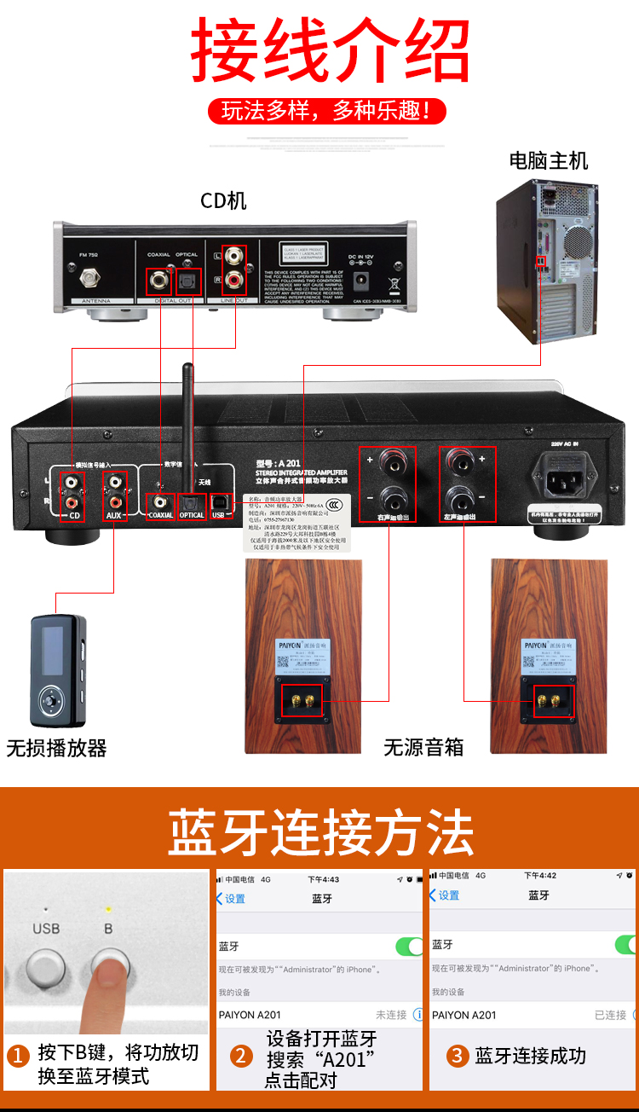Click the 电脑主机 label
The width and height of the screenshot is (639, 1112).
(x=548, y=160)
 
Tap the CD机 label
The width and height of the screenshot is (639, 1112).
(x=223, y=200)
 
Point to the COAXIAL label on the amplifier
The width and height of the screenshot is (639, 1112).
(x=160, y=515)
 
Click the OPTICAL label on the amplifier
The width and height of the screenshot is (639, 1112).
(x=192, y=515)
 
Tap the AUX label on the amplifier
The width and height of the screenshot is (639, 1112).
(x=114, y=515)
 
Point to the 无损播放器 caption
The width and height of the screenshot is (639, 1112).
(x=56, y=749)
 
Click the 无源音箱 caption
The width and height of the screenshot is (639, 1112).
(x=423, y=748)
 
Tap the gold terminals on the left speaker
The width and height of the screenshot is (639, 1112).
(x=302, y=701)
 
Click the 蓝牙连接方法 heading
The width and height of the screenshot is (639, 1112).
(x=319, y=832)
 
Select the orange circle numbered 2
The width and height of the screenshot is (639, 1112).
(x=242, y=1056)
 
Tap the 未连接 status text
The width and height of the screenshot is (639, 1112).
(x=391, y=1015)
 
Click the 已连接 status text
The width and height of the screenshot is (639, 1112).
(x=610, y=1015)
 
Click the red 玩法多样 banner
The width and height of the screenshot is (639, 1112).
(x=328, y=110)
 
